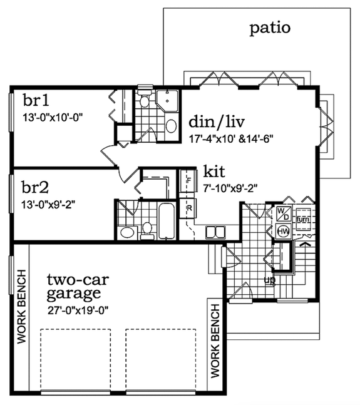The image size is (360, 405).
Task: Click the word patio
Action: click(x=270, y=28)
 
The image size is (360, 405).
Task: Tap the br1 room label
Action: click(x=36, y=101)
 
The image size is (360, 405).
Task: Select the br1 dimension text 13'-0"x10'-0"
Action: click(x=53, y=116)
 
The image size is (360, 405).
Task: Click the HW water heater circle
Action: click(x=283, y=230)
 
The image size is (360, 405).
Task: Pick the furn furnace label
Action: click(x=304, y=220)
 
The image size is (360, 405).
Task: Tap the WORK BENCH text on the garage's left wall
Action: click(x=21, y=307)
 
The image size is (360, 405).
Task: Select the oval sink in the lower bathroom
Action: click(x=126, y=233)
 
